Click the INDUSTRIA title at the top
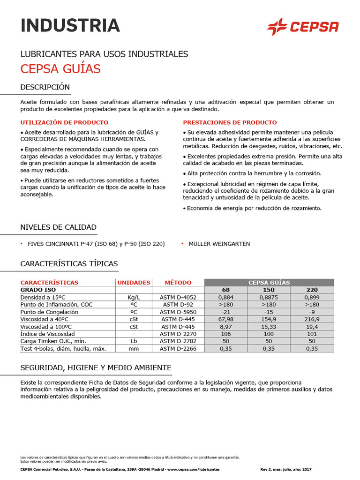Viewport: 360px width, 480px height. click(70, 25)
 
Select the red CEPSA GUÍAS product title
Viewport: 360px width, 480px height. click(60, 69)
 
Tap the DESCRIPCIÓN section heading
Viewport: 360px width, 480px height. click(45, 87)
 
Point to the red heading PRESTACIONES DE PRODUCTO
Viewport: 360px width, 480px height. click(230, 122)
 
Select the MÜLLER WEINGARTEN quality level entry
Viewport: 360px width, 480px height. click(219, 244)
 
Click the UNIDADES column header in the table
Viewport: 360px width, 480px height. click(134, 283)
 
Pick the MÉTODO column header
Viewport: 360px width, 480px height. click(178, 283)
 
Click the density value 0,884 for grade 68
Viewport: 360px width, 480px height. click(226, 297)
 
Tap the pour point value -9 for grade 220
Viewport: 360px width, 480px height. click(312, 312)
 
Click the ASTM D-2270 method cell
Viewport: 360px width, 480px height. click(178, 334)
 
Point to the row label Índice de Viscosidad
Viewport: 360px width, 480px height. click(47, 334)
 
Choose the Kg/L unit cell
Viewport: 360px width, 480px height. click(134, 297)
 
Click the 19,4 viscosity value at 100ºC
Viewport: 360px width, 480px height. click(312, 327)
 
